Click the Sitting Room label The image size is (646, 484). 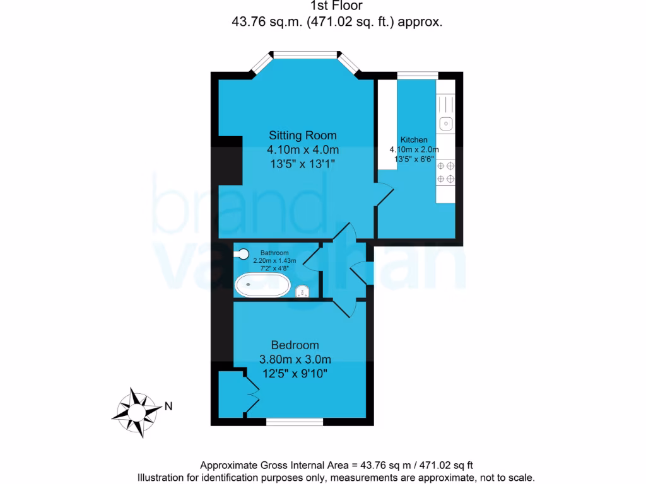(303, 135)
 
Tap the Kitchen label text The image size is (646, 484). (414, 140)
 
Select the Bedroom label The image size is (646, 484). (295, 345)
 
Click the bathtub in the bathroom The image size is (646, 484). (262, 285)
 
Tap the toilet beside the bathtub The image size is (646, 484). (302, 291)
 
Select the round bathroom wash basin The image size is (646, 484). (242, 254)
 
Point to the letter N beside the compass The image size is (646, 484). (168, 406)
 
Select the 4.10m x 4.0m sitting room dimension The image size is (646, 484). (303, 150)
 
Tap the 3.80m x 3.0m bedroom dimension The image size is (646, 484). (295, 360)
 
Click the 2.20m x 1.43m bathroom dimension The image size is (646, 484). (270, 260)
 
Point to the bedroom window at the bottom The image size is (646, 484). (295, 420)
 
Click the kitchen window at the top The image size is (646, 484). (417, 75)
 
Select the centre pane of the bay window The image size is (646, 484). (306, 54)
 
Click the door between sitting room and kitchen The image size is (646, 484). (382, 192)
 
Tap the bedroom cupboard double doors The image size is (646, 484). (250, 395)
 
